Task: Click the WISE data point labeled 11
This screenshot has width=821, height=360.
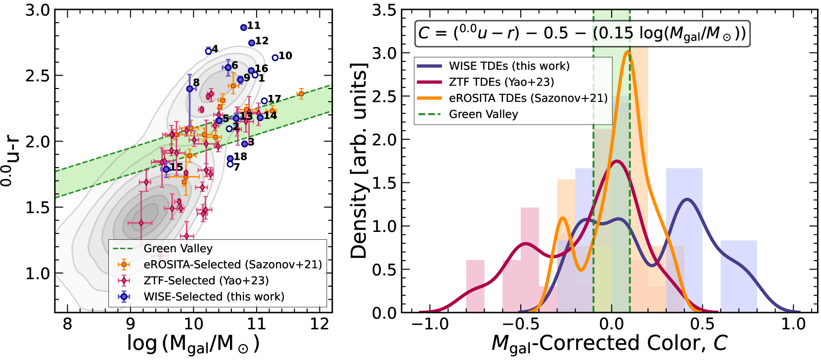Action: (244, 28)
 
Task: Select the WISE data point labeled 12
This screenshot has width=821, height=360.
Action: (252, 43)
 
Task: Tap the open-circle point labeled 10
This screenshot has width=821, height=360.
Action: (275, 58)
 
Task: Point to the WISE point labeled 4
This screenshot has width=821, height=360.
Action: (208, 51)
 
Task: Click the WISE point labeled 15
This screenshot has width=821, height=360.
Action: (167, 169)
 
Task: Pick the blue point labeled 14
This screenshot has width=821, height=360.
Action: (260, 118)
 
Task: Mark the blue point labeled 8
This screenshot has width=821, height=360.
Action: (190, 89)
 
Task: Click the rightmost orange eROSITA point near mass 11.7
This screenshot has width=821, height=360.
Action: (301, 94)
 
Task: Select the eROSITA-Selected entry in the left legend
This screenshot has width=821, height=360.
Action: (232, 265)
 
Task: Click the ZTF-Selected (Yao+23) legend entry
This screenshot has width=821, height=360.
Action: (206, 280)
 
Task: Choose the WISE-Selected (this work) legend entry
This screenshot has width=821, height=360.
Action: (214, 296)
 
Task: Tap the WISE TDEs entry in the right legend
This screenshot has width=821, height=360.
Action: (509, 66)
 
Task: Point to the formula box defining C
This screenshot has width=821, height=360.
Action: (582, 33)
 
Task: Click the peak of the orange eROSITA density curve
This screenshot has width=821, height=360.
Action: (628, 51)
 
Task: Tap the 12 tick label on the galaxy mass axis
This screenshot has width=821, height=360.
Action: (319, 324)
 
